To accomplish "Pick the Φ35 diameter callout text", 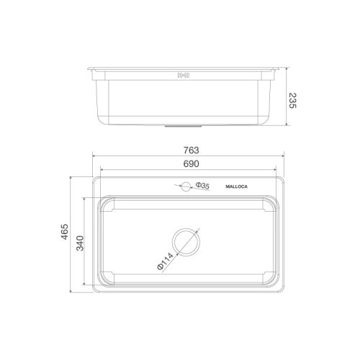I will click(202, 186).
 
